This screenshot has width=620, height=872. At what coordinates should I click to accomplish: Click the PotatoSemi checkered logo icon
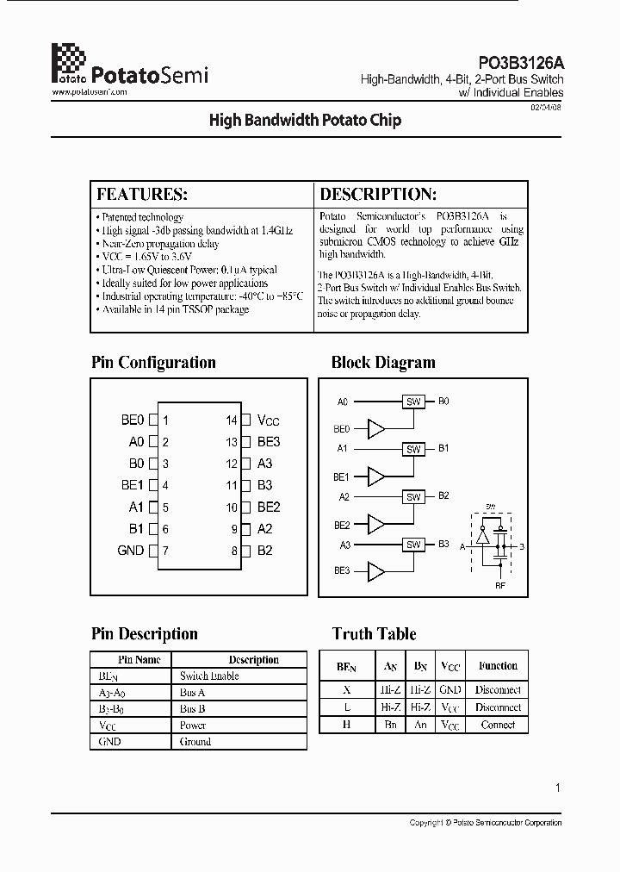(x=69, y=61)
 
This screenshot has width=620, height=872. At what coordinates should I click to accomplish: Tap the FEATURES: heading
(x=142, y=194)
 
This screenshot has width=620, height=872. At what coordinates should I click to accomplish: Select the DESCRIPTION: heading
(x=378, y=194)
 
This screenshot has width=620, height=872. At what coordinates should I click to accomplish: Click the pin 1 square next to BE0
(x=153, y=420)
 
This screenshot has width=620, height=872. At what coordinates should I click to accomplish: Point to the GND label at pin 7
(x=130, y=551)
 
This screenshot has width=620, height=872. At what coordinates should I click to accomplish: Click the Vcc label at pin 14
(x=269, y=420)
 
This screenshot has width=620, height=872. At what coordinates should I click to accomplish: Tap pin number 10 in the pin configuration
(x=232, y=508)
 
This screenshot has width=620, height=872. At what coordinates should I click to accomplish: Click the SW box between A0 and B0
(x=413, y=402)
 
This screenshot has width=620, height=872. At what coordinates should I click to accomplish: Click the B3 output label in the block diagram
(x=443, y=544)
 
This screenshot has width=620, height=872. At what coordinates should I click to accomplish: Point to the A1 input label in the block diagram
(x=343, y=448)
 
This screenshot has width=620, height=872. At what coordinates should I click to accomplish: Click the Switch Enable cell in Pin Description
(x=209, y=676)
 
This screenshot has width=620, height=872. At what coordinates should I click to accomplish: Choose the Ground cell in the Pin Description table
(x=195, y=741)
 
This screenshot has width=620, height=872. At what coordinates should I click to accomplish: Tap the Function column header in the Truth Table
(x=498, y=666)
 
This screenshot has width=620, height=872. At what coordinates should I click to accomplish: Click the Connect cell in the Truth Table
(x=498, y=725)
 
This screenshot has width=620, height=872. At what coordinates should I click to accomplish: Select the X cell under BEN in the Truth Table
(x=346, y=689)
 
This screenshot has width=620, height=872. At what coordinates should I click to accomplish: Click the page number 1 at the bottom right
(x=558, y=788)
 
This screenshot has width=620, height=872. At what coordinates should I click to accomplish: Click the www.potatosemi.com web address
(x=90, y=91)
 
